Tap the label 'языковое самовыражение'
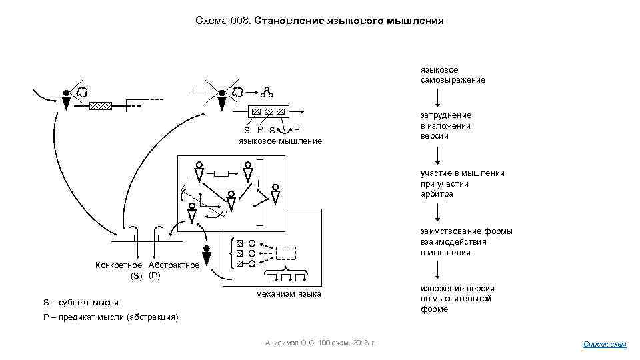coord(453,75)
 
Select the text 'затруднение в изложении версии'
coord(445,125)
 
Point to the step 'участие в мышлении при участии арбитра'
coord(461,183)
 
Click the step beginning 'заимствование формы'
coord(466,242)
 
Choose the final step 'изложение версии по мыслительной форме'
coord(457,299)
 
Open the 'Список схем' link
coord(605,344)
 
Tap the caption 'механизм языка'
coord(289,294)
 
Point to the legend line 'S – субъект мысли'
coord(81,303)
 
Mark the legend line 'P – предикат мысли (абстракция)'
coord(111,317)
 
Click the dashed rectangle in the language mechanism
coord(285,253)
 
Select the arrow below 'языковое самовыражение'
coord(437,97)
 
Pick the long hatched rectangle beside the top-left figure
coord(101,105)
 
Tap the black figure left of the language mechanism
coord(207,256)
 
